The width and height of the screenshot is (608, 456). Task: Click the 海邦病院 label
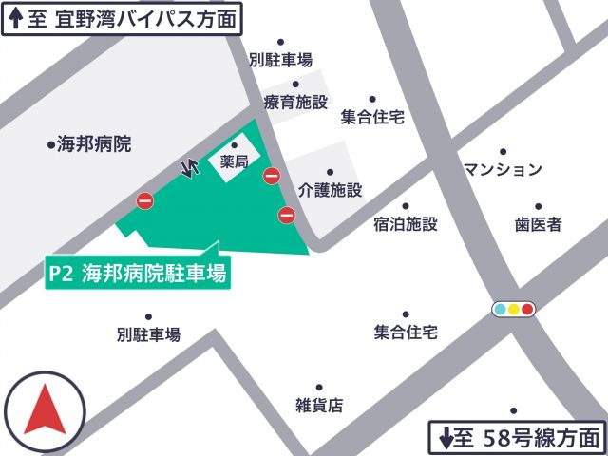[x=93, y=144]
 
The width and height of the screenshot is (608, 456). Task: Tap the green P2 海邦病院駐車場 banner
[x=138, y=274]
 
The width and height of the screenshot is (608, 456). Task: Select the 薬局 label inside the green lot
[x=234, y=162]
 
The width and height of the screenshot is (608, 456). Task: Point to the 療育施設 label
[x=295, y=103]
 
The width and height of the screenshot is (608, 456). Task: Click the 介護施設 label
[x=330, y=189]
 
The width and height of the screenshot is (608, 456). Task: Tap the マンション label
[x=503, y=169]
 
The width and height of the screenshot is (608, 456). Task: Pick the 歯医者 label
[x=539, y=224]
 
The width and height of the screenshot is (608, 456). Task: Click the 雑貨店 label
[x=319, y=405]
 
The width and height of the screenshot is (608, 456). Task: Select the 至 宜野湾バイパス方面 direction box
[x=122, y=18]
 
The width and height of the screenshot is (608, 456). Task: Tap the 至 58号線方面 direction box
[x=519, y=438]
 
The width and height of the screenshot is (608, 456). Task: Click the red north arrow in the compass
[x=44, y=410]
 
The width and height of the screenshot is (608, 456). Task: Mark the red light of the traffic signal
[x=527, y=309]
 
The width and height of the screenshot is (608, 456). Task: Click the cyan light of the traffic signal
[x=500, y=309]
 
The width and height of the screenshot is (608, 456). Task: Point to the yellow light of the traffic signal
[x=514, y=309]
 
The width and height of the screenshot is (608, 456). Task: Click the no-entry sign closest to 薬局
[x=272, y=176]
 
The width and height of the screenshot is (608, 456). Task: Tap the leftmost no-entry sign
[x=144, y=200]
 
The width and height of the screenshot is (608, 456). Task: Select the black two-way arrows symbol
[x=190, y=166]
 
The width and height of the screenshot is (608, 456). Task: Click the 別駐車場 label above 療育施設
[x=280, y=60]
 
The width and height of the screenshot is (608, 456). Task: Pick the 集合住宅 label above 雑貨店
[x=405, y=332]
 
